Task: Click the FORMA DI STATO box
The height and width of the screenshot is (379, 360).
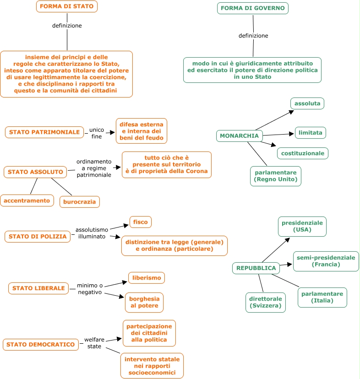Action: pyautogui.click(x=67, y=6)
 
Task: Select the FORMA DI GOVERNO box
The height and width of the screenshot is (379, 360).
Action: pyautogui.click(x=252, y=8)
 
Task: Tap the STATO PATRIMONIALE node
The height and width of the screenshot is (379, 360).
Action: pyautogui.click(x=44, y=132)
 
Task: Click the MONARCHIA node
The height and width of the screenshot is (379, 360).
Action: pyautogui.click(x=239, y=136)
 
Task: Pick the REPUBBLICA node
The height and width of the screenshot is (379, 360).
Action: pyautogui.click(x=256, y=268)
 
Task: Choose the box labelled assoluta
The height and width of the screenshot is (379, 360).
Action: pyautogui.click(x=307, y=103)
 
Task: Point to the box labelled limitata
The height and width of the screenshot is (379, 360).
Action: pyautogui.click(x=311, y=133)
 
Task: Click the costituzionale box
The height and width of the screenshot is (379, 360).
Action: pyautogui.click(x=303, y=153)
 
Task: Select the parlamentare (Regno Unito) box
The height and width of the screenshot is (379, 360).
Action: pyautogui.click(x=276, y=176)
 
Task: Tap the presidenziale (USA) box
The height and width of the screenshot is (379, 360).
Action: pyautogui.click(x=302, y=227)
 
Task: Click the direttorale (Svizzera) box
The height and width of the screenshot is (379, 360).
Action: pyautogui.click(x=265, y=303)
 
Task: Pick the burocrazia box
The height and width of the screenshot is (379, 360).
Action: pyautogui.click(x=80, y=202)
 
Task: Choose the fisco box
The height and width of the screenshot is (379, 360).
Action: pyautogui.click(x=140, y=222)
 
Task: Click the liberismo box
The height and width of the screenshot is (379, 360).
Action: pyautogui.click(x=147, y=278)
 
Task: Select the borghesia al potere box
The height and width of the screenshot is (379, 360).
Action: pyautogui.click(x=144, y=303)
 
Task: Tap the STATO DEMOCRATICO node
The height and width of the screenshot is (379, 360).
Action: pyautogui.click(x=41, y=344)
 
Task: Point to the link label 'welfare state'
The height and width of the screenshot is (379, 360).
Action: pyautogui.click(x=94, y=343)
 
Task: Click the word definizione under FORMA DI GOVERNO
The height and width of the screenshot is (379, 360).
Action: pyautogui.click(x=253, y=36)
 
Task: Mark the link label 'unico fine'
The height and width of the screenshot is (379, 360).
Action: pyautogui.click(x=97, y=133)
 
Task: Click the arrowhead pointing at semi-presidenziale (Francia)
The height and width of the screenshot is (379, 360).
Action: pyautogui.click(x=289, y=264)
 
